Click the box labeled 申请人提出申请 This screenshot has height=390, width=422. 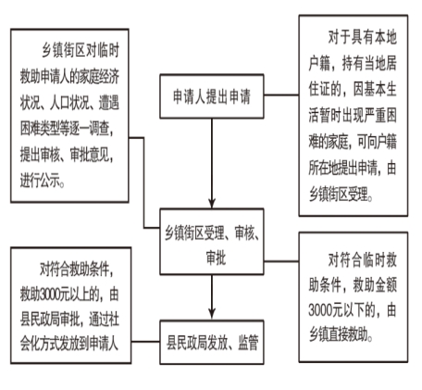(x=212, y=96)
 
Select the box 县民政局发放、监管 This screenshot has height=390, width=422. (x=212, y=342)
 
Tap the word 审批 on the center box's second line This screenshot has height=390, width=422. (x=216, y=258)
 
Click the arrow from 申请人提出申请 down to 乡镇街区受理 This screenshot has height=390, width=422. (x=212, y=163)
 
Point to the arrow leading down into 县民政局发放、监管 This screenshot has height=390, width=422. (x=212, y=297)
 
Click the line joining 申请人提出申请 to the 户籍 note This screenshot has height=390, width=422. (x=281, y=94)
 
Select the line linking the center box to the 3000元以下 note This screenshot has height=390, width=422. (x=281, y=261)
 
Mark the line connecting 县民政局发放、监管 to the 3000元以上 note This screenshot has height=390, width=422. (x=145, y=342)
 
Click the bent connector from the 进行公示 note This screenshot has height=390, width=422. (x=143, y=182)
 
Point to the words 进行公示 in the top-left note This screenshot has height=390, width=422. (x=41, y=180)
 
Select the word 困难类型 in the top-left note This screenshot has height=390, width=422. (x=40, y=129)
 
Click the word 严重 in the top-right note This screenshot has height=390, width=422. (x=374, y=115)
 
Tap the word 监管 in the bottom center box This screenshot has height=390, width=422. (x=248, y=343)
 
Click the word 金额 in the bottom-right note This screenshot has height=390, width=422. (x=386, y=284)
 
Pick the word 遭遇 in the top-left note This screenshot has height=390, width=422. (x=109, y=103)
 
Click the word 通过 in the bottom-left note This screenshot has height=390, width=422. (x=99, y=319)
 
